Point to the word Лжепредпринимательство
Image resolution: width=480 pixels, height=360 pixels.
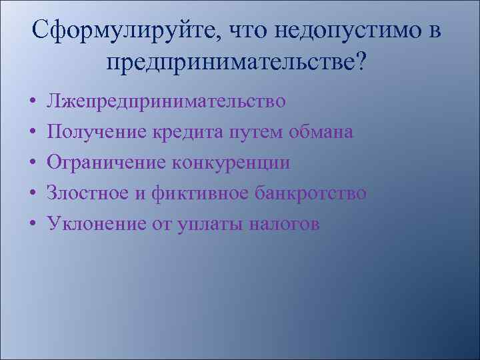coord(165,101)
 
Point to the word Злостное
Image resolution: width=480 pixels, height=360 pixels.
coord(89,193)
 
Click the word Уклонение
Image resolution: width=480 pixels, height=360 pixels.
coord(96,224)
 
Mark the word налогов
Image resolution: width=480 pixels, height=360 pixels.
coord(284,224)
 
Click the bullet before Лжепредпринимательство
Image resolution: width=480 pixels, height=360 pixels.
coord(32,103)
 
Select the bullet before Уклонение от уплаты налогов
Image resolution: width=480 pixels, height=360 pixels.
coord(32,225)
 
